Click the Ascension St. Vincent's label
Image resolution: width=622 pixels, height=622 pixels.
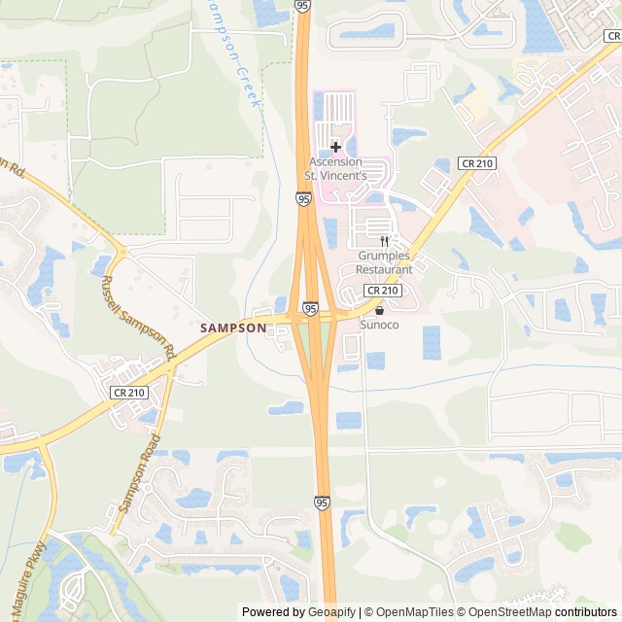tap(336, 168)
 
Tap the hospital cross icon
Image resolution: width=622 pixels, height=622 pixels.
tap(335, 147)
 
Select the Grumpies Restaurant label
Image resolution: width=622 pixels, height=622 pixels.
tap(384, 262)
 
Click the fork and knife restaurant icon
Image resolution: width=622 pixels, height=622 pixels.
tap(384, 241)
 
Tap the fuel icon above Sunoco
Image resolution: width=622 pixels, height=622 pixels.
tap(379, 309)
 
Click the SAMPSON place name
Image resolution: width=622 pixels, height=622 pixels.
tap(233, 328)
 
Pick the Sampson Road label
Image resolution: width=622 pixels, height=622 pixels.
tap(139, 473)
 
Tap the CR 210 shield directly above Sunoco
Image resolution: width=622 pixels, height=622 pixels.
tap(383, 291)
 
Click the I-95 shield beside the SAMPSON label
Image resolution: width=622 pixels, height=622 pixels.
tap(309, 308)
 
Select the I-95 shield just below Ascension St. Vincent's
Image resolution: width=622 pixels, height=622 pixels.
tap(304, 198)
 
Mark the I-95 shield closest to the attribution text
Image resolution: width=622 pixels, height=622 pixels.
tap(322, 501)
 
